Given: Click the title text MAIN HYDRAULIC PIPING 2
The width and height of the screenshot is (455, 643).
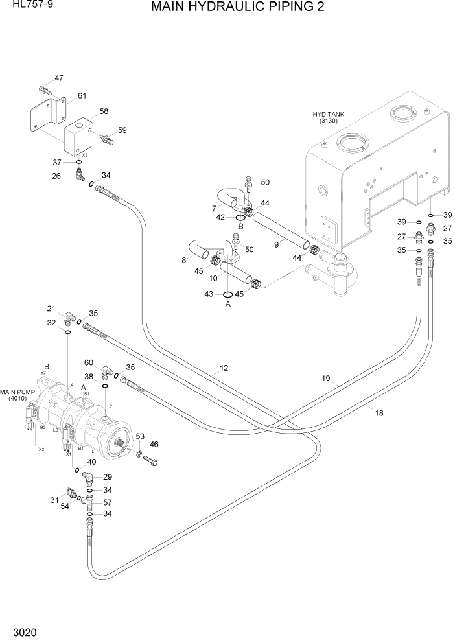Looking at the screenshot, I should click(x=237, y=8).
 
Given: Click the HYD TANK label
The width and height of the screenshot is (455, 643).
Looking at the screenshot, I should click(x=329, y=117).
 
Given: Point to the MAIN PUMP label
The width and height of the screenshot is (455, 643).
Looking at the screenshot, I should click(x=17, y=395).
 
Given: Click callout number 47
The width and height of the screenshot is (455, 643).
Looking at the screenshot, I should click(x=59, y=78).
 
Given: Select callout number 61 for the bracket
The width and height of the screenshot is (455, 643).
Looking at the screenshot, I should click(x=82, y=96).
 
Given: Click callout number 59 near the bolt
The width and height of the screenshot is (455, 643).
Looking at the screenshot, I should click(x=122, y=130).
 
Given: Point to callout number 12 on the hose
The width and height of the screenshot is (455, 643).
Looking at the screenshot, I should click(x=224, y=368).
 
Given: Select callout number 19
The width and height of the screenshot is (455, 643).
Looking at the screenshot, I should click(x=325, y=379).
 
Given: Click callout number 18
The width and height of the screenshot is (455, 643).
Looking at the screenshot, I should click(x=379, y=412).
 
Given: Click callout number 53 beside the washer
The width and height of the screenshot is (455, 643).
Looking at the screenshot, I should click(x=139, y=437).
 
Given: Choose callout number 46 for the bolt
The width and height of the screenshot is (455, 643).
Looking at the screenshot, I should click(x=154, y=444).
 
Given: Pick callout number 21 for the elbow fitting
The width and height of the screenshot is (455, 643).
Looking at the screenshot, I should click(x=51, y=308).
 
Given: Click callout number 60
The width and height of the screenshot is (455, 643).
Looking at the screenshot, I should click(x=89, y=362).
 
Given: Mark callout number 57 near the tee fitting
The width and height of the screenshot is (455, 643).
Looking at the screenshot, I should click(x=108, y=502).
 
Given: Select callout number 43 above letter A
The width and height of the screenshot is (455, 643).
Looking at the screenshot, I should click(x=209, y=294).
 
